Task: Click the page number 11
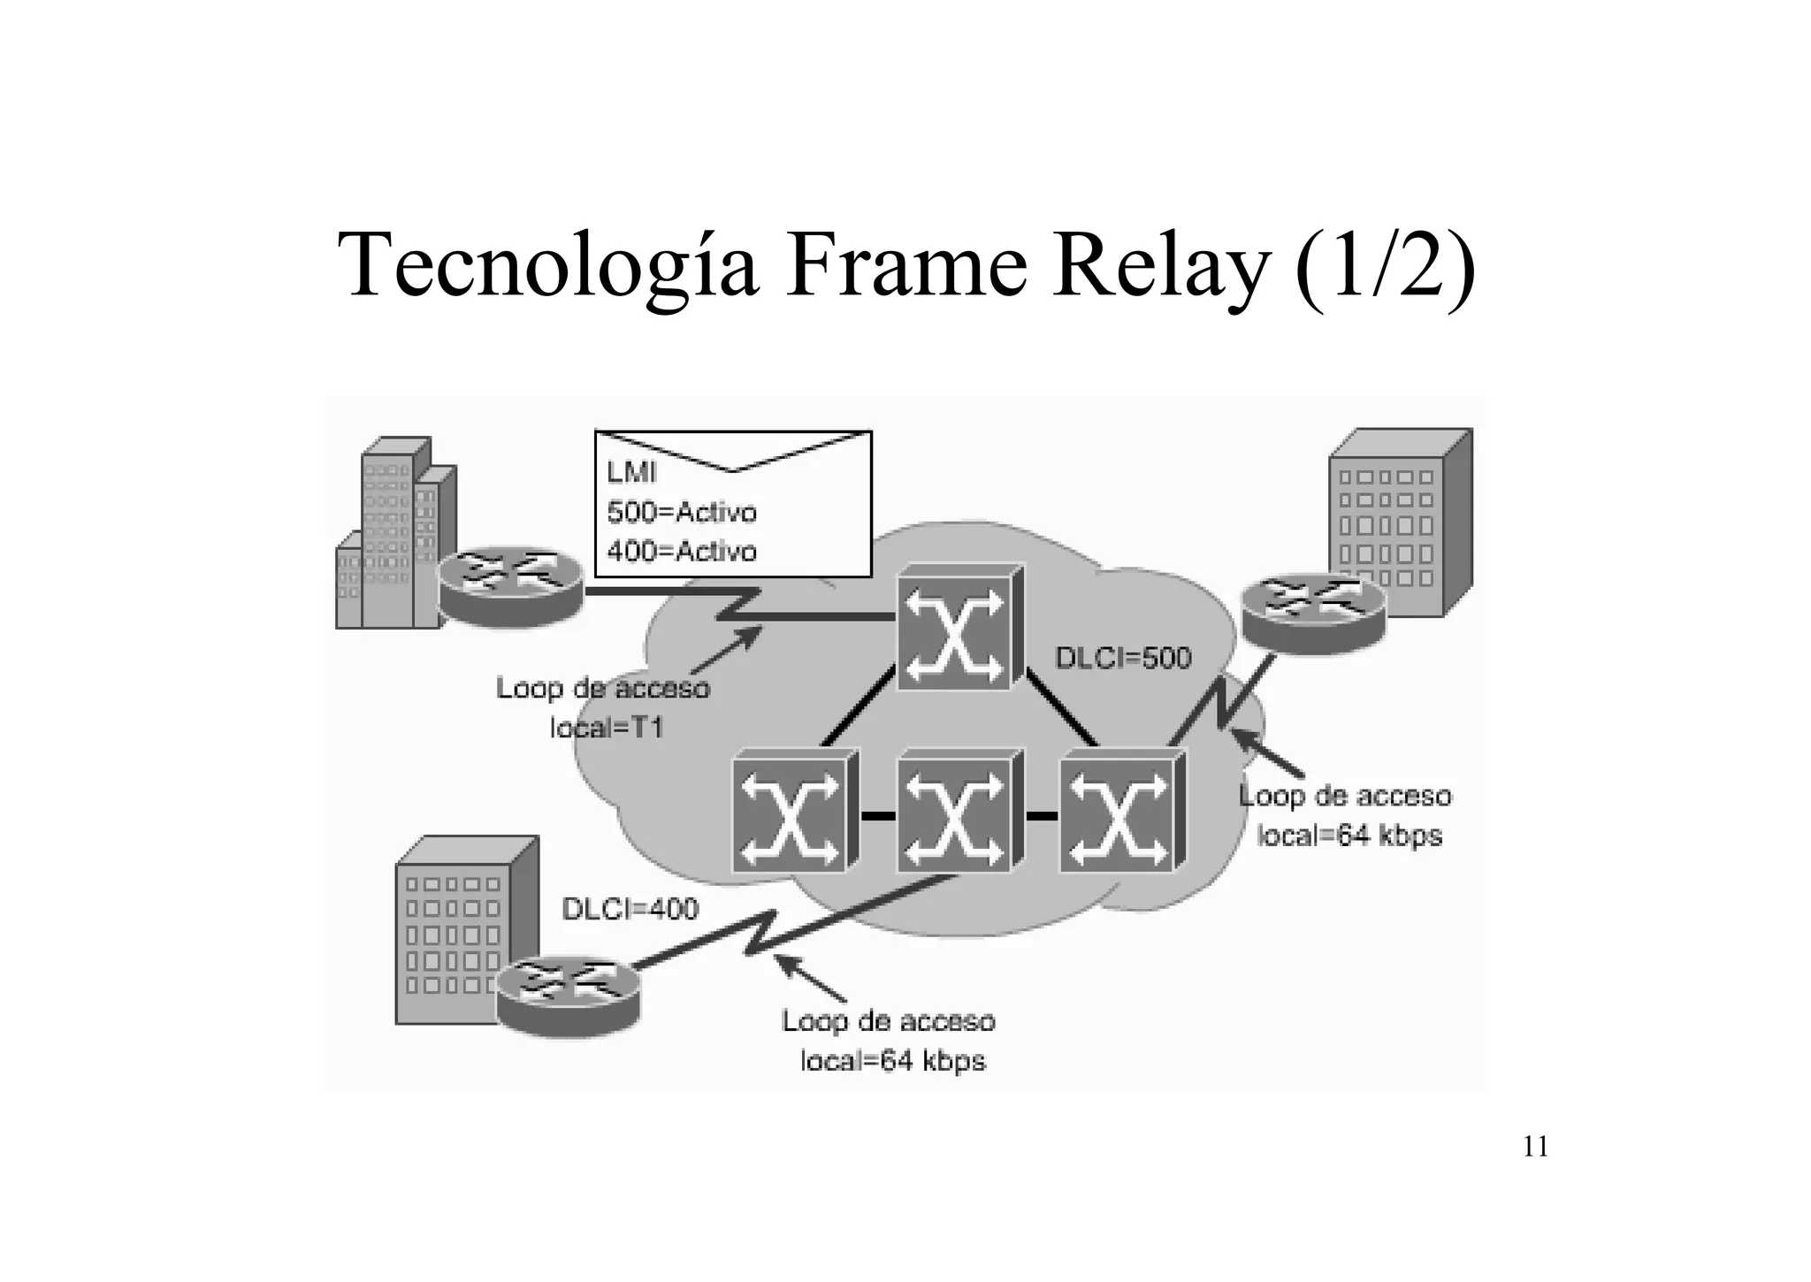pyautogui.click(x=1536, y=1147)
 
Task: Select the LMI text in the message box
pyautogui.click(x=631, y=472)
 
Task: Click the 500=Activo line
pyautogui.click(x=682, y=512)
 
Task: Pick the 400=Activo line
pyautogui.click(x=682, y=551)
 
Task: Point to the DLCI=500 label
pyautogui.click(x=1123, y=658)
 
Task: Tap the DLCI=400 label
pyautogui.click(x=630, y=908)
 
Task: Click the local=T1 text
pyautogui.click(x=606, y=728)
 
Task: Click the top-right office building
pyautogui.click(x=1400, y=522)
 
